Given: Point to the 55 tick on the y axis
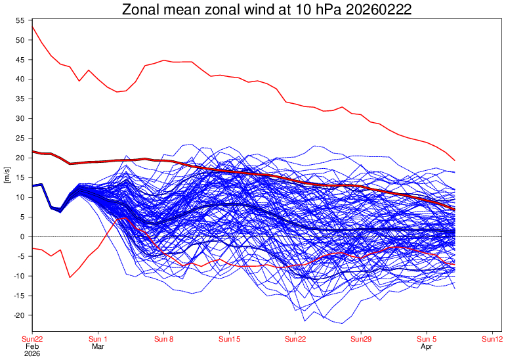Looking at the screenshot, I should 20,20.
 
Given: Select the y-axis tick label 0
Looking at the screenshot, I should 22,236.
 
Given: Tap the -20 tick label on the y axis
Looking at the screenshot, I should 18,315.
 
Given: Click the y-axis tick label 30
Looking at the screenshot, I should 20,118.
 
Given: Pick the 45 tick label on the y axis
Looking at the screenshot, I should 20,60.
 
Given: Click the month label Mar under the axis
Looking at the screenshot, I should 98,346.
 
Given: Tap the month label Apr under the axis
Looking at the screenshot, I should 427,346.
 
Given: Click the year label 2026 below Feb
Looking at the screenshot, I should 32,353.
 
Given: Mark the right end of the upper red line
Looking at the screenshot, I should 455,160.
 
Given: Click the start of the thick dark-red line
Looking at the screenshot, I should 33,151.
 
